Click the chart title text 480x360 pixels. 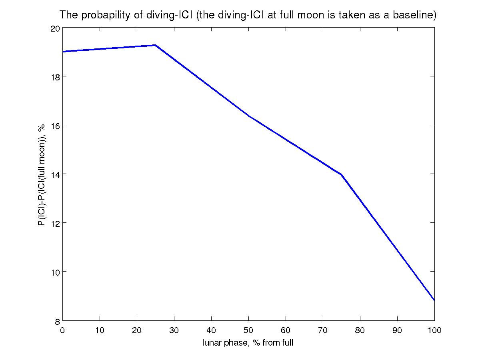[x=248, y=15]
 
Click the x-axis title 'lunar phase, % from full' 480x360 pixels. [x=248, y=343]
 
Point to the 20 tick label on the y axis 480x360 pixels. [x=55, y=28]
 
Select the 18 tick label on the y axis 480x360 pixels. [x=55, y=76]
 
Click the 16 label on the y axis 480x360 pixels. [x=55, y=125]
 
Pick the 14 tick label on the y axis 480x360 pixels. [x=55, y=174]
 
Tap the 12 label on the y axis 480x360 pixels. [x=55, y=223]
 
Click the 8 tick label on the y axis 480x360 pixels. [x=57, y=320]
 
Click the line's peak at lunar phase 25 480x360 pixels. [x=155, y=45]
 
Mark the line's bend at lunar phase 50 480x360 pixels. [x=248, y=116]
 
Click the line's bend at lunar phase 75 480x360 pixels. [x=341, y=175]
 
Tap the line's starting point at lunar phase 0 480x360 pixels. [x=63, y=52]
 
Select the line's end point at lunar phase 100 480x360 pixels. [x=434, y=300]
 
